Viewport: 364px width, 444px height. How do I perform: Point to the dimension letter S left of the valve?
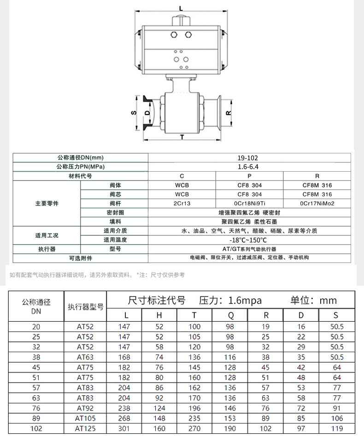click(x=133, y=113)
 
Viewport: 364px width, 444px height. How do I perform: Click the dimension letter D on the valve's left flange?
click(x=147, y=112)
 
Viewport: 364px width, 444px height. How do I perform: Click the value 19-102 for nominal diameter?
click(x=249, y=158)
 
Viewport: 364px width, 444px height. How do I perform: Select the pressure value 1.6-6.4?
click(x=249, y=167)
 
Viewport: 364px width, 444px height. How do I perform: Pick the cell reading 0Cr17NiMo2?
click(x=317, y=203)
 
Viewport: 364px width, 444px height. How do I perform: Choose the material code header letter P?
click(x=249, y=176)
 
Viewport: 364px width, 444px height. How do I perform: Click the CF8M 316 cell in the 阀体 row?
click(x=317, y=185)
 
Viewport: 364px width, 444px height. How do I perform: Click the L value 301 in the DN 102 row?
click(x=124, y=428)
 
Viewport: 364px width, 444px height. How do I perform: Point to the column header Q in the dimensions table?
click(x=230, y=315)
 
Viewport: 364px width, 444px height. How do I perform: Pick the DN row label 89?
click(x=36, y=418)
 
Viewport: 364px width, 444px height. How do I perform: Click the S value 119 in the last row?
click(x=336, y=428)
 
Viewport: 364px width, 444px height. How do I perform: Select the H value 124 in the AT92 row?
click(x=159, y=408)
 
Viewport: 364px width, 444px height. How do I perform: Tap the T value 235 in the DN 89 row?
click(x=194, y=418)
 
